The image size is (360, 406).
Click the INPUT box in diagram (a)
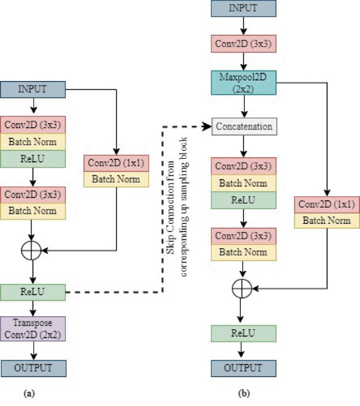tap(33, 89)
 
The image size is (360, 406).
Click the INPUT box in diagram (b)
tap(243, 9)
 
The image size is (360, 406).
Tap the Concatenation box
tap(243, 127)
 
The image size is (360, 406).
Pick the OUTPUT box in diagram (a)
tap(33, 368)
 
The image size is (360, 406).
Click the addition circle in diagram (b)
tap(242, 288)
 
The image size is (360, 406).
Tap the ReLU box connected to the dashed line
tap(33, 292)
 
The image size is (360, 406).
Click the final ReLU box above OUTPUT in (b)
tap(243, 333)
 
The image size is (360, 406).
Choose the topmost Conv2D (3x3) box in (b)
tap(243, 44)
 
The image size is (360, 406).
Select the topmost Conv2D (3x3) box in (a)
tap(33, 126)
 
